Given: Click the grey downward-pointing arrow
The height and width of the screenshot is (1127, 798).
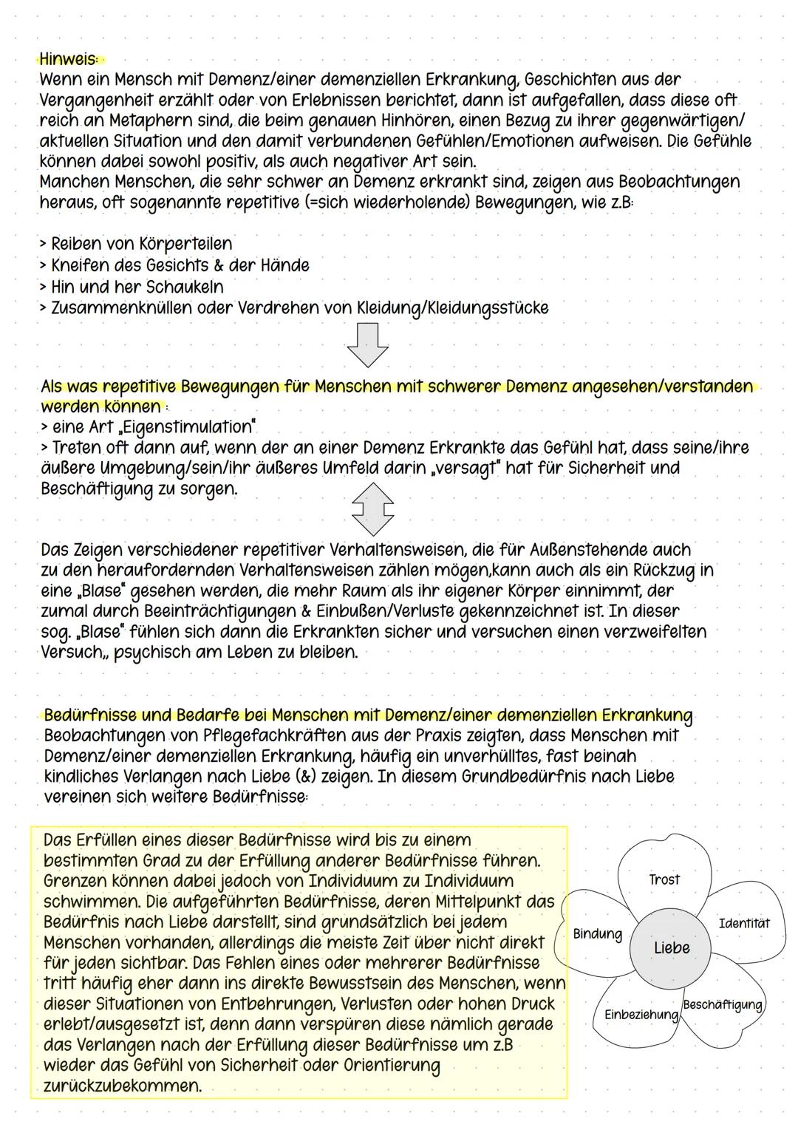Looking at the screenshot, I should tap(367, 344).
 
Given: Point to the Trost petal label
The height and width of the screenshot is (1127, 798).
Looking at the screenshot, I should tap(664, 879).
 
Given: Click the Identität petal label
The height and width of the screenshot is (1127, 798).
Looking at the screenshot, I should tap(743, 923).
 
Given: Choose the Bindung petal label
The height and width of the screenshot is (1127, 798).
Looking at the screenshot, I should tap(597, 934).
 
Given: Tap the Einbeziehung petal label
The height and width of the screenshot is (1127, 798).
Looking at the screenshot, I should tap(641, 1015).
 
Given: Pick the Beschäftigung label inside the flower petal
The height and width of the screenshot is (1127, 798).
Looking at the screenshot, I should tap(722, 1004).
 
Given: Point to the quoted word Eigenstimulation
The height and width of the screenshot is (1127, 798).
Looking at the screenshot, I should tap(194, 427).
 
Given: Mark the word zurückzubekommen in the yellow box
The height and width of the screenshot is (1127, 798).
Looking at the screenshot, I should tap(122, 1086).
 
